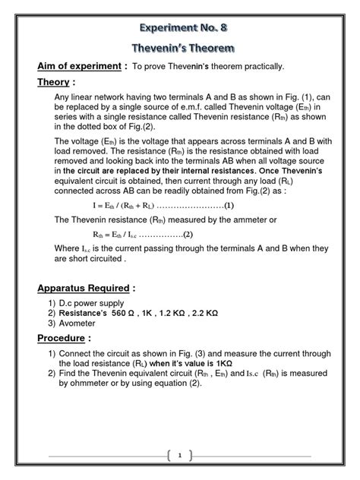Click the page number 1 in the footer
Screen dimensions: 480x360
[x=179, y=455]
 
